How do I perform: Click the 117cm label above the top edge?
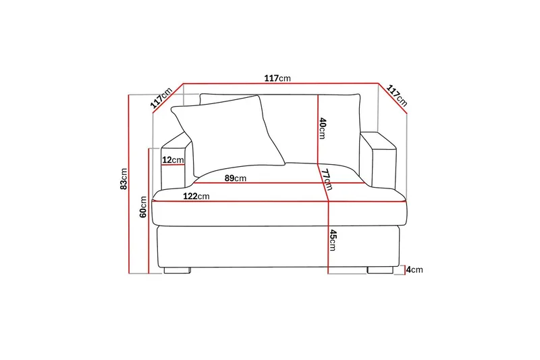click(x=277, y=78)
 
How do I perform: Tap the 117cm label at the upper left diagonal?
click(x=161, y=98)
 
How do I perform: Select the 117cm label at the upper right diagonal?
click(x=397, y=95)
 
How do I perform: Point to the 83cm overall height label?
click(x=124, y=178)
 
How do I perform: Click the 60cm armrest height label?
click(x=143, y=207)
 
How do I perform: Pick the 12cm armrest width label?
click(x=173, y=160)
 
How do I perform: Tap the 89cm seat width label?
click(x=236, y=178)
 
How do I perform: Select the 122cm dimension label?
click(x=196, y=196)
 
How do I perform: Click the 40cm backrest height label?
click(x=323, y=128)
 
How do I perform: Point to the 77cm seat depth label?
click(x=327, y=179)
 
